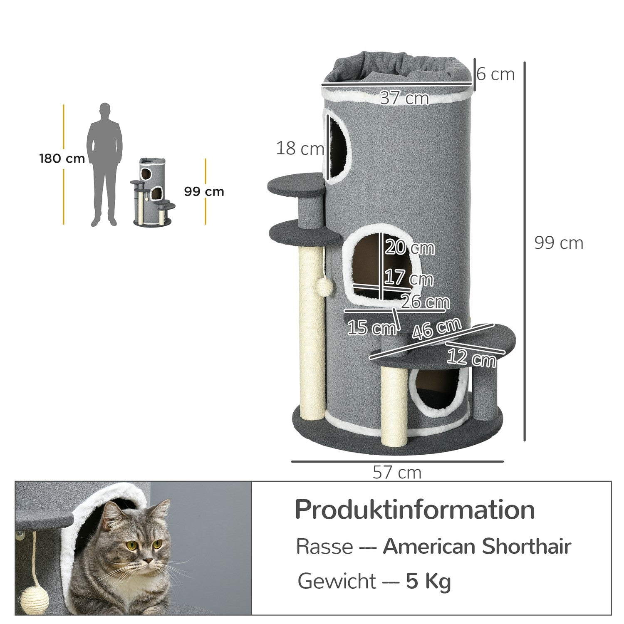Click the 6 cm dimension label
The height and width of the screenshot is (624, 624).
[496, 74]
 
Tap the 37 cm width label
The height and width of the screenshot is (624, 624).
[404, 98]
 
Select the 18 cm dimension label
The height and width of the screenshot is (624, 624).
[300, 148]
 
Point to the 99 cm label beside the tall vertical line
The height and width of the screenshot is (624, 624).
[559, 243]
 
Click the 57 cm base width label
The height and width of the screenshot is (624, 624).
[397, 473]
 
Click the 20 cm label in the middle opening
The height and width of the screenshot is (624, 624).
[409, 248]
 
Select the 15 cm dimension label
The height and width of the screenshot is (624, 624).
[371, 328]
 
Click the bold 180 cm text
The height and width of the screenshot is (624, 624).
[62, 158]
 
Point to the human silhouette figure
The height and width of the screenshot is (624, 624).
[104, 164]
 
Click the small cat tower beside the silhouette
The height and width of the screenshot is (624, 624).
[153, 191]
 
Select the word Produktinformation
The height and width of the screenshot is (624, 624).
[415, 510]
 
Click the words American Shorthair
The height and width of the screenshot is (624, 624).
[477, 546]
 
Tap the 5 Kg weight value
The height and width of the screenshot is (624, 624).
[428, 581]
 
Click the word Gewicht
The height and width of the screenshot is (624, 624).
[337, 581]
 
